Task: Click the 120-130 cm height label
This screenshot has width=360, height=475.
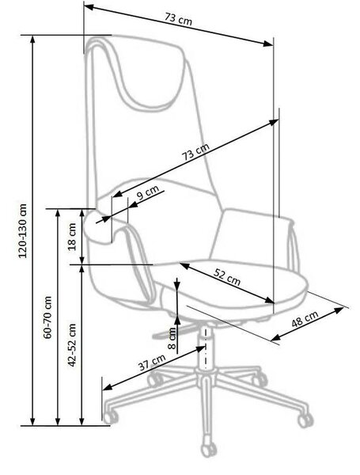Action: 23,231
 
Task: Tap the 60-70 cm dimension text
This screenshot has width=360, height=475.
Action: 47,317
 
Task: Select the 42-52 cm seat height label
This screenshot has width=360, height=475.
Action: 72,345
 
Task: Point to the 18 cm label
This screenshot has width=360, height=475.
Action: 72,237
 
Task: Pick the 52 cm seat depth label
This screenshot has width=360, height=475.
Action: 227,277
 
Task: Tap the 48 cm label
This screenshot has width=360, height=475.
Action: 305,319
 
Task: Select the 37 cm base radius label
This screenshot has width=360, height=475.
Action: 152,362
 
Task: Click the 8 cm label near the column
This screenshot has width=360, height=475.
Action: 172,338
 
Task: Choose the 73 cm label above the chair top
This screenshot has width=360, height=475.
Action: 178,20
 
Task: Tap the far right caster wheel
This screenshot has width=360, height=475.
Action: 305,420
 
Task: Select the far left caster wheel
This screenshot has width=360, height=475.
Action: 111,418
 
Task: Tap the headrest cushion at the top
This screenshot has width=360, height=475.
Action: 145,74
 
